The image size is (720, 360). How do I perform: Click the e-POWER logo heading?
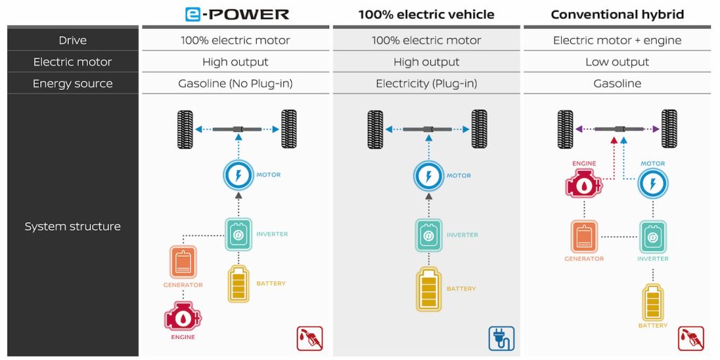pos(236,14)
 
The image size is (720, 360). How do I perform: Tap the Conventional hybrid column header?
pos(617,14)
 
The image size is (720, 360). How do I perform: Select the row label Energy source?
pos(72,84)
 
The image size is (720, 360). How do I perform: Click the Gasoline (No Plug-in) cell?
pos(235,84)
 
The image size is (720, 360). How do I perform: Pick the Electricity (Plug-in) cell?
pos(426,84)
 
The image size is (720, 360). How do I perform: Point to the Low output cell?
pos(617,62)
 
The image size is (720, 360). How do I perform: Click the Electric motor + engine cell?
pos(617,40)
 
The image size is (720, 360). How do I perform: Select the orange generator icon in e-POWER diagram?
pos(183,262)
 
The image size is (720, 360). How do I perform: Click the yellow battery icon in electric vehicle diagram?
pos(429,289)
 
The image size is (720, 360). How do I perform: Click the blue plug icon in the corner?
pos(501,337)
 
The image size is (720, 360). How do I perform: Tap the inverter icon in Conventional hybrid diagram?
pos(652,237)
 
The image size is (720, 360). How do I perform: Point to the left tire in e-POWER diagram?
pos(186,129)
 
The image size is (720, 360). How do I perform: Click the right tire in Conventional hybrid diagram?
pos(669,129)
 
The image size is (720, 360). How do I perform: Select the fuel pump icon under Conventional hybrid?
pos(691,337)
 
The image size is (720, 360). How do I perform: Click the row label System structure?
pos(72,226)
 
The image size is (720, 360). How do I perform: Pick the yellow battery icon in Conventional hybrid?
pos(652,302)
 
